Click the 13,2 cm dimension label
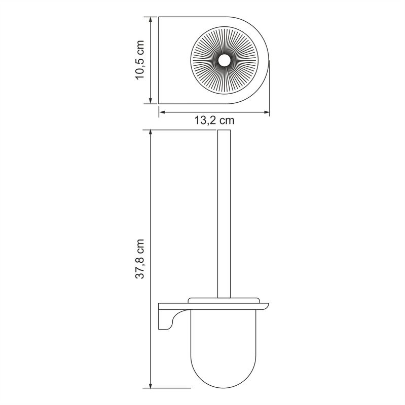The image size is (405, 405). tap(214, 120)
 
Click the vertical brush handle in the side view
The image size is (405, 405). tap(224, 213)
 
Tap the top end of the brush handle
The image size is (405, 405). tap(224, 131)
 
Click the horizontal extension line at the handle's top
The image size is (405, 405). tap(182, 130)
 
